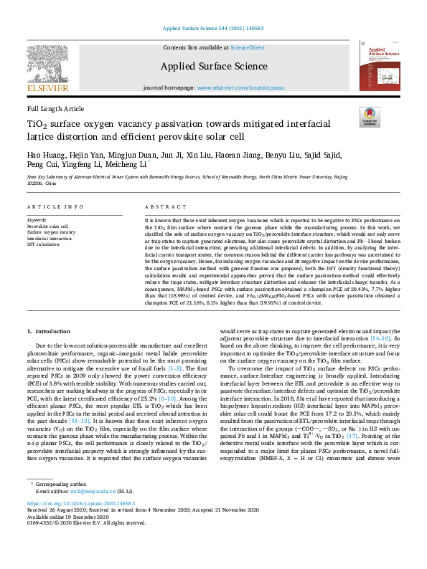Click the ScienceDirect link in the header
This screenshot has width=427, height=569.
coord(247,47)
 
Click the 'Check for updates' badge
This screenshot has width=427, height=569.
coord(369,117)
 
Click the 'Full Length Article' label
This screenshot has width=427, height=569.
coord(55,108)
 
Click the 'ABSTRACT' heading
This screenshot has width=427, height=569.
coord(161,206)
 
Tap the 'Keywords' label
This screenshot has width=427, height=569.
coord(37,219)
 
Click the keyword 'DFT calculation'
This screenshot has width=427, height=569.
coord(44,244)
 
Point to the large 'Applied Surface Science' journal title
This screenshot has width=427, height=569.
coord(213,67)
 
